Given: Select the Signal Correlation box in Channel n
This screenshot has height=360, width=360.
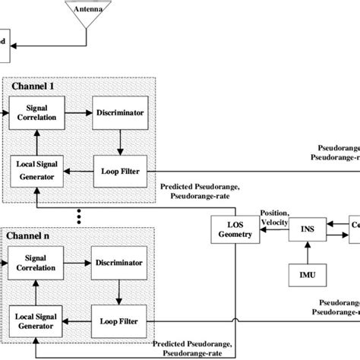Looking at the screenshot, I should [36, 262].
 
